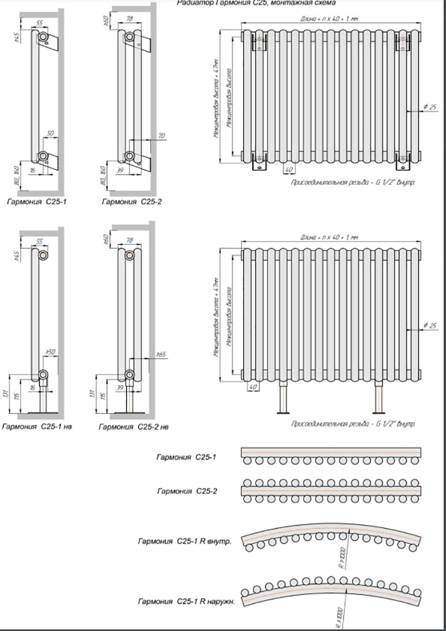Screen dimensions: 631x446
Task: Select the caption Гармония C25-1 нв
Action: point(40,427)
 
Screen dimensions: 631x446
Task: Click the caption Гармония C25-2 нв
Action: point(134,427)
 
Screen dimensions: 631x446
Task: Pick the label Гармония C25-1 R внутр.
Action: point(184,541)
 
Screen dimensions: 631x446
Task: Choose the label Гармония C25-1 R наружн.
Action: point(184,601)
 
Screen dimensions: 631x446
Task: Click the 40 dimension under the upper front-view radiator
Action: point(289,169)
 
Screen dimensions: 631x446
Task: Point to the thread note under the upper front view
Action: point(353,182)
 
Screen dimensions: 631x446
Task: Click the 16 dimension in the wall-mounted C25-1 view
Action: point(33,171)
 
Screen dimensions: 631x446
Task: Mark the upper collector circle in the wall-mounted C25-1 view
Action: point(44,38)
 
